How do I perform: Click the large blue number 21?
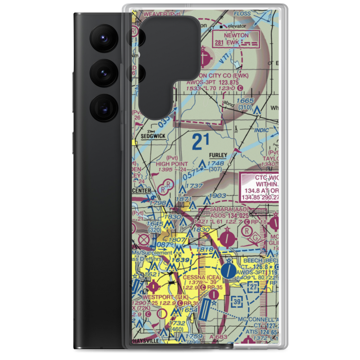click(200, 141)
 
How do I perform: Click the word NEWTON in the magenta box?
click(236, 36)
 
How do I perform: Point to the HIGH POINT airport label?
click(172, 163)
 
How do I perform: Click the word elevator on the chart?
click(236, 26)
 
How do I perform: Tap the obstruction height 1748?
click(216, 163)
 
